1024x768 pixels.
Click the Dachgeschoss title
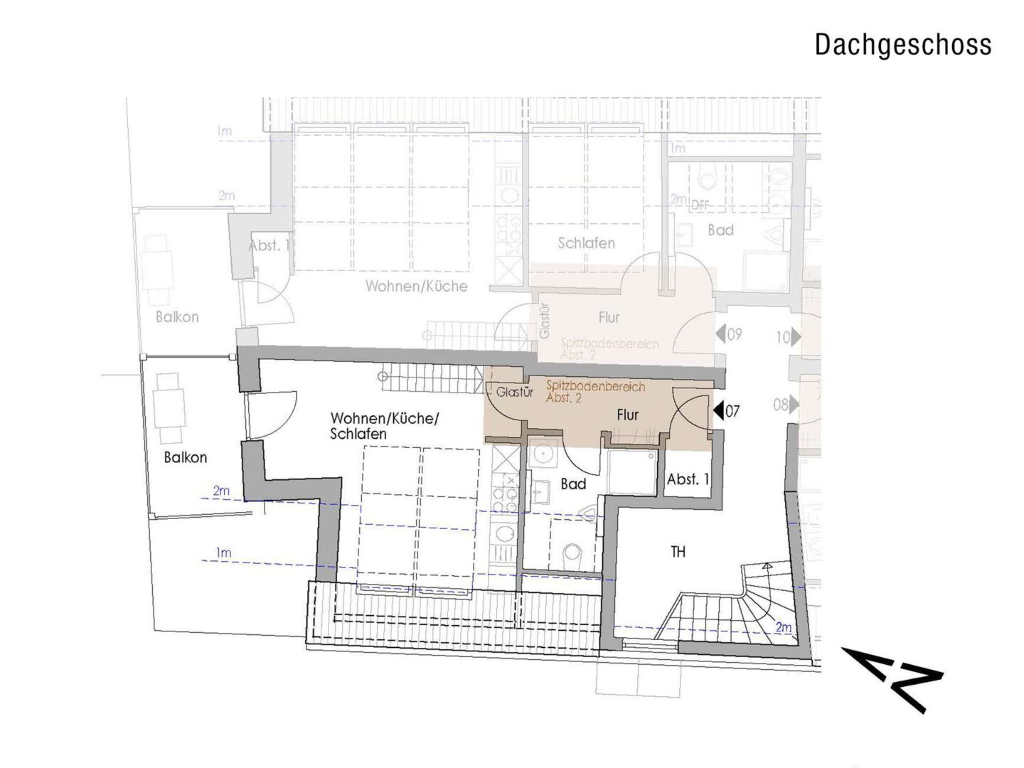coord(902,44)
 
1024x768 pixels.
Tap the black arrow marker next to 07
coord(718,410)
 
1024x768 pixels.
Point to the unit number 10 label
coord(782,337)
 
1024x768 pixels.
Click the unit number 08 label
coord(781,405)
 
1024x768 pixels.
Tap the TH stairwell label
coord(678,551)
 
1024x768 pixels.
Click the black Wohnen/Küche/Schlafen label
coord(384,426)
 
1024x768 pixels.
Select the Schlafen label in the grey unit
coord(586,243)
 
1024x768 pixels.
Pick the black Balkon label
coord(185,457)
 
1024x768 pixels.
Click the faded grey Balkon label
coord(177,316)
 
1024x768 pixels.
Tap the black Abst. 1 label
coord(688,479)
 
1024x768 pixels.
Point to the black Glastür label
coord(515,391)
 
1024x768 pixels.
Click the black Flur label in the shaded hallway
coord(627,415)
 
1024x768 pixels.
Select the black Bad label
coord(573,484)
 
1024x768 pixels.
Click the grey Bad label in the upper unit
coord(720,230)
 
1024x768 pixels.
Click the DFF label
coord(701,205)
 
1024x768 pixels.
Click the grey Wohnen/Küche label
coord(416,286)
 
